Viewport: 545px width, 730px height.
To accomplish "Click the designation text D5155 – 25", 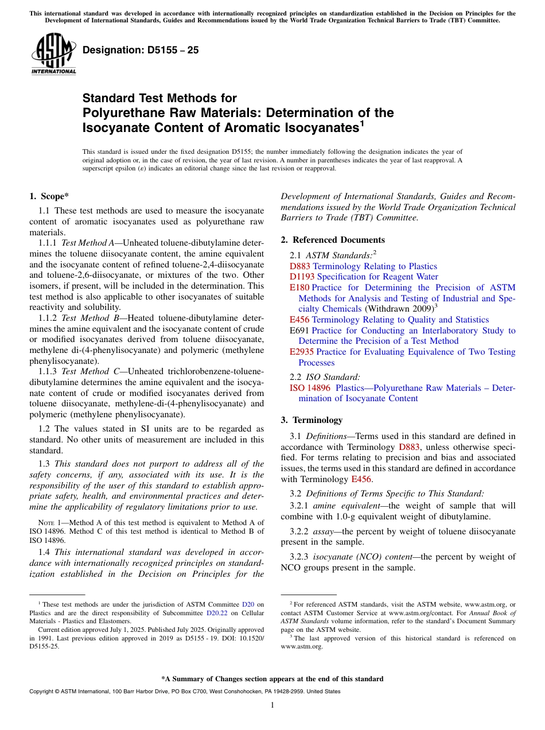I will (x=141, y=50).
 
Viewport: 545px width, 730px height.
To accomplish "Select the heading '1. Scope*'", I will (x=49, y=197).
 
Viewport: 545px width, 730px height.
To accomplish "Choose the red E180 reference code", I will (x=299, y=288).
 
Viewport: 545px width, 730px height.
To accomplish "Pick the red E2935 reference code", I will (x=302, y=352).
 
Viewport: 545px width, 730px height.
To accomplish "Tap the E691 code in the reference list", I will (x=299, y=331).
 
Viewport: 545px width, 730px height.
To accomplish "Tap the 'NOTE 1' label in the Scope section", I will (x=42, y=523).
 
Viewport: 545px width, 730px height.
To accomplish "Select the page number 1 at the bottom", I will (x=272, y=705).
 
